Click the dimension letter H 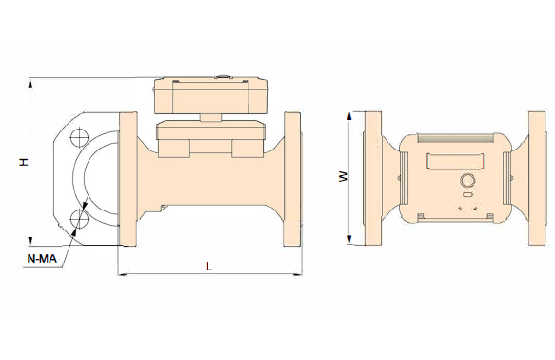(24, 162)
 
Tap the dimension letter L (208, 267)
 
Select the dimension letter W (344, 176)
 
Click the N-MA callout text (42, 259)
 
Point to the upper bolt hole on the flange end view (79, 136)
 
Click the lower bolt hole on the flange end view (79, 219)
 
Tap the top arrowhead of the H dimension (30, 84)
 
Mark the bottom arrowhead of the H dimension (30, 240)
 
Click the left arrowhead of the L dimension (123, 274)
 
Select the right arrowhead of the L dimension (297, 274)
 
